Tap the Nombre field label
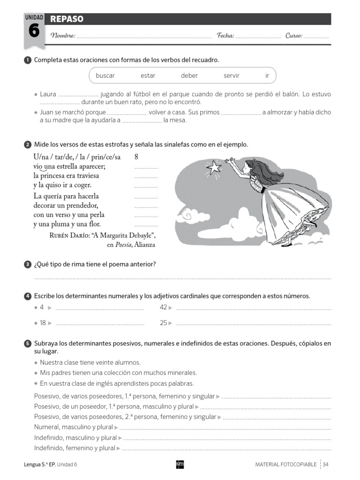pyautogui.click(x=63, y=36)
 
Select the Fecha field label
pyautogui.click(x=225, y=36)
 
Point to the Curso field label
pyautogui.click(x=293, y=36)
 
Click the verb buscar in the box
pyautogui.click(x=105, y=75)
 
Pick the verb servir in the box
pyautogui.click(x=231, y=75)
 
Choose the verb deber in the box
pyautogui.click(x=189, y=75)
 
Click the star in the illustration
pyautogui.click(x=215, y=166)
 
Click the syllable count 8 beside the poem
pyautogui.click(x=136, y=157)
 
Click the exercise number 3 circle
pyautogui.click(x=27, y=265)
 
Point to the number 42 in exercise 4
pyautogui.click(x=163, y=307)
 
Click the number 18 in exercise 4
pyautogui.click(x=43, y=323)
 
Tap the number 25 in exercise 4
pyautogui.click(x=163, y=323)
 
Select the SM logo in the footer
pyautogui.click(x=180, y=464)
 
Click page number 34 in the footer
pyautogui.click(x=325, y=464)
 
